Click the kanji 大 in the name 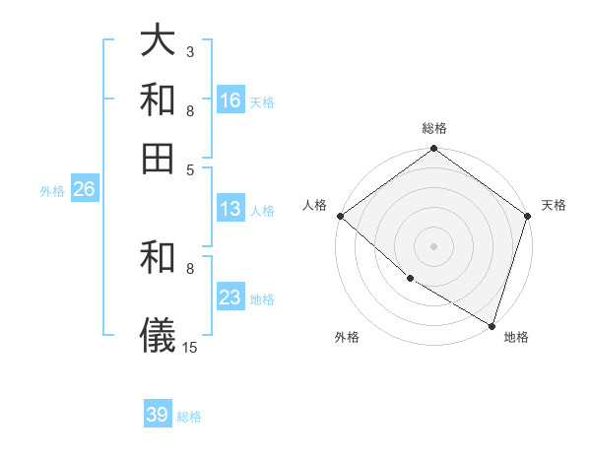coord(159,41)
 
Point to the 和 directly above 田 coord(159,99)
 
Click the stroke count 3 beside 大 coord(190,51)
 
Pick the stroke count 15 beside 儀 coord(190,347)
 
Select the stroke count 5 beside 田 coord(190,168)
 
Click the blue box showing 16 coord(230,100)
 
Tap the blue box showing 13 coord(230,209)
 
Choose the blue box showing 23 coord(230,298)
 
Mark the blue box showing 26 coord(84,190)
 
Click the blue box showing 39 coord(158,415)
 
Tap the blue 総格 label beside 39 coord(189,417)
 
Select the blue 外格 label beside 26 coord(52,192)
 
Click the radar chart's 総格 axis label coord(434,128)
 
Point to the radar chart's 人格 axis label coord(315,205)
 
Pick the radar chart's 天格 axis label coord(554,205)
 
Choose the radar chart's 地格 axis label coord(516,337)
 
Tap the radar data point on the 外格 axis coord(410,279)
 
